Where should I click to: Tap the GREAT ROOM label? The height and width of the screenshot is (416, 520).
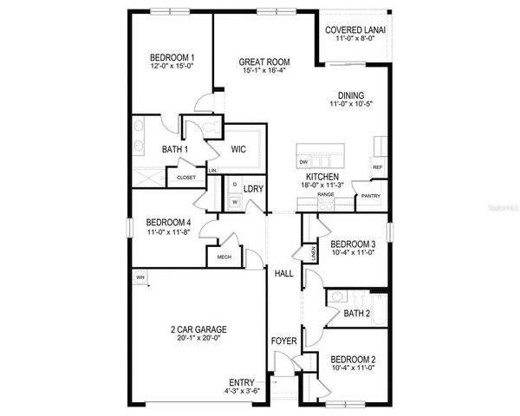265,62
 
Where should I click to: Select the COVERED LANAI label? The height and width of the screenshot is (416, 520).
355,30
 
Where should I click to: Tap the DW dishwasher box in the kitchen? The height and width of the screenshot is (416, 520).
303,162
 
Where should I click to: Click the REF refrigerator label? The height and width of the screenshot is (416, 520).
377,167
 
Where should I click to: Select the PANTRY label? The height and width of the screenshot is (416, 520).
370,196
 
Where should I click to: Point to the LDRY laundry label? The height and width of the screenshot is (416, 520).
253,188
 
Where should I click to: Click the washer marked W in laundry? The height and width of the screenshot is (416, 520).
235,202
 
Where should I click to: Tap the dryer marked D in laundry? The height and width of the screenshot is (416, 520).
235,185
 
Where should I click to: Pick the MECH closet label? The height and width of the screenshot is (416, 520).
224,257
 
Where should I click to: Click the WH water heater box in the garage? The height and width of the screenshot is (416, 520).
139,277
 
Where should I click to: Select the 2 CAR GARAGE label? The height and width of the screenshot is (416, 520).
198,329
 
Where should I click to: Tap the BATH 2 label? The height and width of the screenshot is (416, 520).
357,313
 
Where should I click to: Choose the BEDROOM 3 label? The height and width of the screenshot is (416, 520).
353,244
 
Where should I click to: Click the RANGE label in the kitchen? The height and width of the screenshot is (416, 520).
326,195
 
